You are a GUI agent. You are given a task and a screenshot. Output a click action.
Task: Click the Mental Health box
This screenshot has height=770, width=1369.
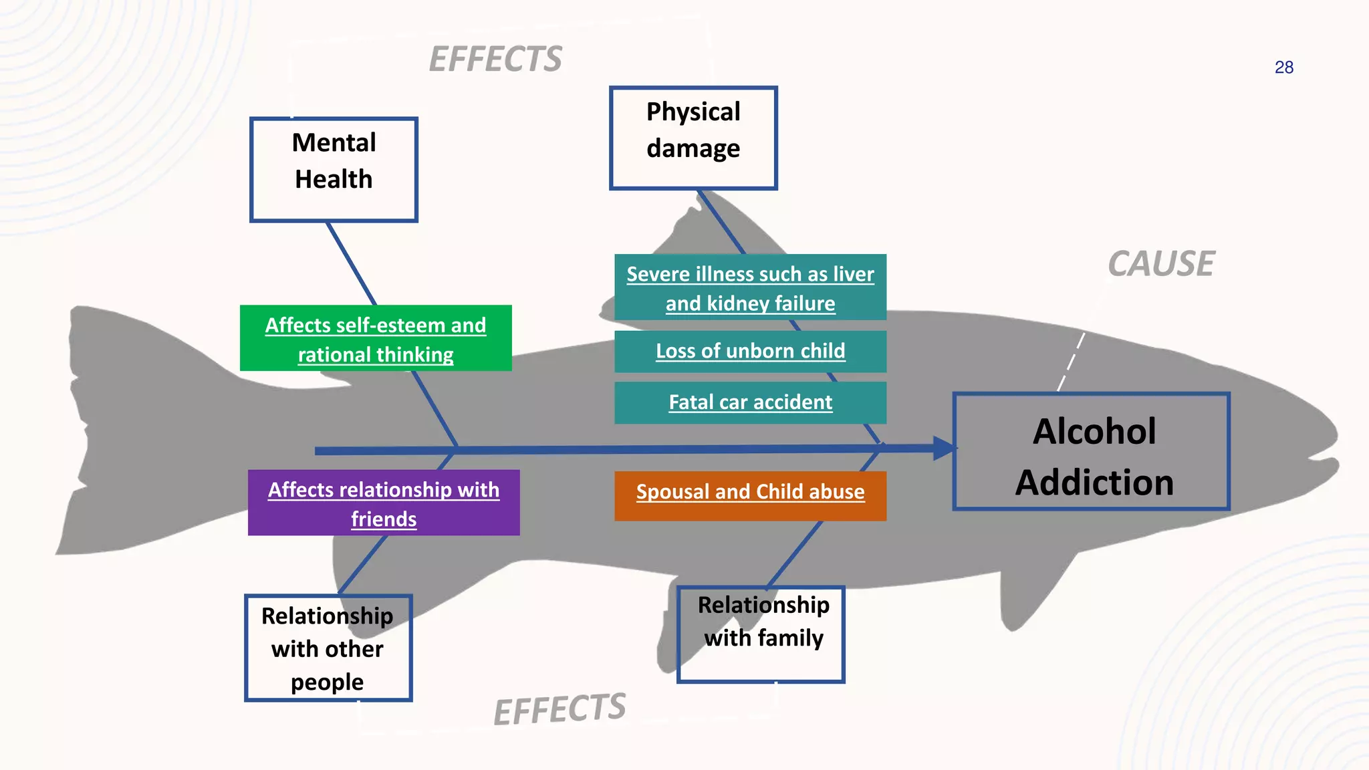click(x=334, y=169)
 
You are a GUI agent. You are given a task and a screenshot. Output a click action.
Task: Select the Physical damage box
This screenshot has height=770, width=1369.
click(x=693, y=138)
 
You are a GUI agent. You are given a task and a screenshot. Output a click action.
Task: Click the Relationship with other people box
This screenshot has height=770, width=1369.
click(x=328, y=648)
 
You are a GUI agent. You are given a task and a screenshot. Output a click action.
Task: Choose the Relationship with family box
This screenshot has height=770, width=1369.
click(x=761, y=634)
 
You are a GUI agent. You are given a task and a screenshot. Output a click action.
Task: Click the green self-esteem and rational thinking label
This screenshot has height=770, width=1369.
click(x=376, y=338)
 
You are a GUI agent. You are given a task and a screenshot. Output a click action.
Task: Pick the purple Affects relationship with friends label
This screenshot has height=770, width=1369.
click(x=384, y=503)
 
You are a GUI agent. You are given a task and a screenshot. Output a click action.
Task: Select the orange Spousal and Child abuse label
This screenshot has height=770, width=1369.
click(x=750, y=495)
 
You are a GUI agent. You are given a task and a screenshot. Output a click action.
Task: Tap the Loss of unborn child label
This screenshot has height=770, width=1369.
click(x=750, y=352)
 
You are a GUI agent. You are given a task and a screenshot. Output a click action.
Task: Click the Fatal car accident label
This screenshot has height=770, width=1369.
click(x=750, y=402)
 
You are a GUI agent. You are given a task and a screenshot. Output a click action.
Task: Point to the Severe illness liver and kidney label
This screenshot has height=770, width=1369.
click(x=750, y=287)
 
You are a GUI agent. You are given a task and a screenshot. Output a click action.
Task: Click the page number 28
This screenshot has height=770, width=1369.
click(x=1283, y=68)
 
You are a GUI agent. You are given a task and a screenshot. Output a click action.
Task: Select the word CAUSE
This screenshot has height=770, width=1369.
click(x=1161, y=263)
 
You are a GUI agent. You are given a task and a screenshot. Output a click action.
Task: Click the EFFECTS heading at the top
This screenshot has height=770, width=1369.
click(x=495, y=59)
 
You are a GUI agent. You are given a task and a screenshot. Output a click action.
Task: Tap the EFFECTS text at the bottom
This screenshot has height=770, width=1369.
click(x=559, y=709)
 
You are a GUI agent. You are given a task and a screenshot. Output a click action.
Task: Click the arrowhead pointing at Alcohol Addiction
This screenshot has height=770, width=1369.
click(x=944, y=448)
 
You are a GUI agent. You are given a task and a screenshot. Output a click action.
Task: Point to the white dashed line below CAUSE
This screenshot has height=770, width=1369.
click(x=1071, y=362)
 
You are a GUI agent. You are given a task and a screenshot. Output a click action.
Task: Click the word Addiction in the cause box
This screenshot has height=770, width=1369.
click(x=1094, y=483)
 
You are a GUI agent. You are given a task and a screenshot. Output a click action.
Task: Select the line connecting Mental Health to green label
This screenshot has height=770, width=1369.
click(x=351, y=263)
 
